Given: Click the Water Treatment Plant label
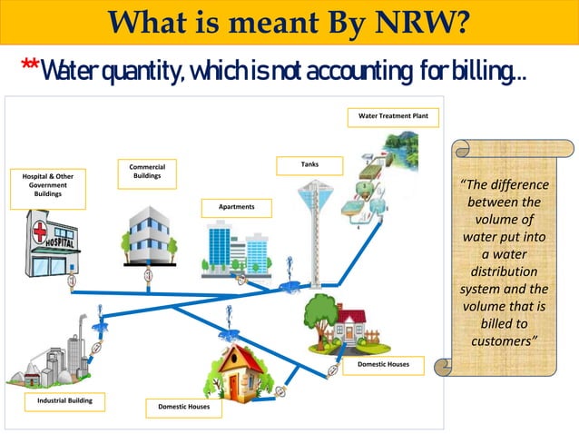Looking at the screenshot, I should [x=393, y=117].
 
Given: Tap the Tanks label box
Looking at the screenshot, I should [x=309, y=165].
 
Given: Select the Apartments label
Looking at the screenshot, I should [x=237, y=208].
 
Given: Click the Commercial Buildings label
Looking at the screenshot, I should [x=147, y=172].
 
